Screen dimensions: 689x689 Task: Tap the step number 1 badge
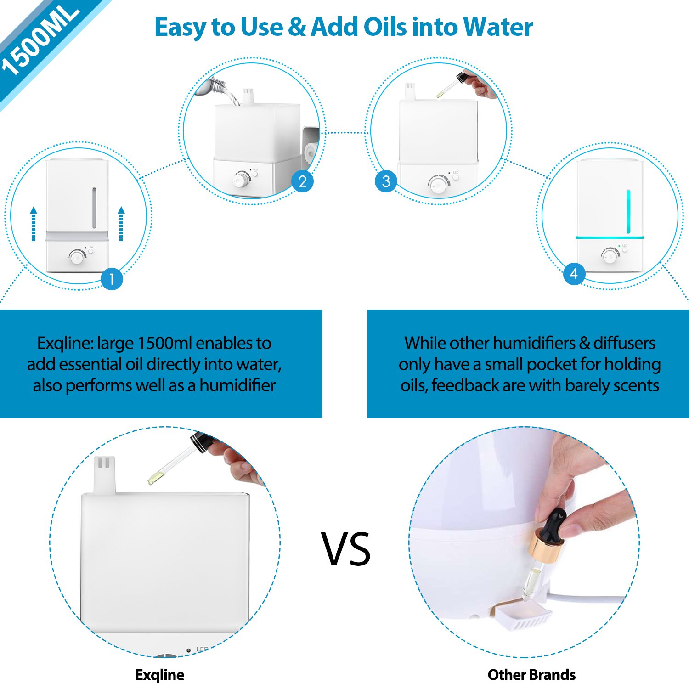pyautogui.click(x=111, y=279)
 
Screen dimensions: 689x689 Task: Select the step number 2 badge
pyautogui.click(x=302, y=181)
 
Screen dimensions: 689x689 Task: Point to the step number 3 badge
pyautogui.click(x=386, y=181)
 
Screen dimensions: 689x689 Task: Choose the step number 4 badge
pyautogui.click(x=574, y=274)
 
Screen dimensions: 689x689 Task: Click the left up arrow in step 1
pyautogui.click(x=34, y=224)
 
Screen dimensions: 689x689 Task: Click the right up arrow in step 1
pyautogui.click(x=121, y=224)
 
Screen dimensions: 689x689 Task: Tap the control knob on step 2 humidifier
pyautogui.click(x=240, y=181)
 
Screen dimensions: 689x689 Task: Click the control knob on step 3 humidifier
pyautogui.click(x=439, y=185)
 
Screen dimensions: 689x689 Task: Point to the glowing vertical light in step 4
pyautogui.click(x=628, y=211)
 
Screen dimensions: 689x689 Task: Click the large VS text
pyautogui.click(x=345, y=549)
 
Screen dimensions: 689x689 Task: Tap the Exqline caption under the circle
pyautogui.click(x=159, y=675)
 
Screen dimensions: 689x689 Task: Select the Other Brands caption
pyautogui.click(x=531, y=675)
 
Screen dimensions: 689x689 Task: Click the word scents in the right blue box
pyautogui.click(x=636, y=385)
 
